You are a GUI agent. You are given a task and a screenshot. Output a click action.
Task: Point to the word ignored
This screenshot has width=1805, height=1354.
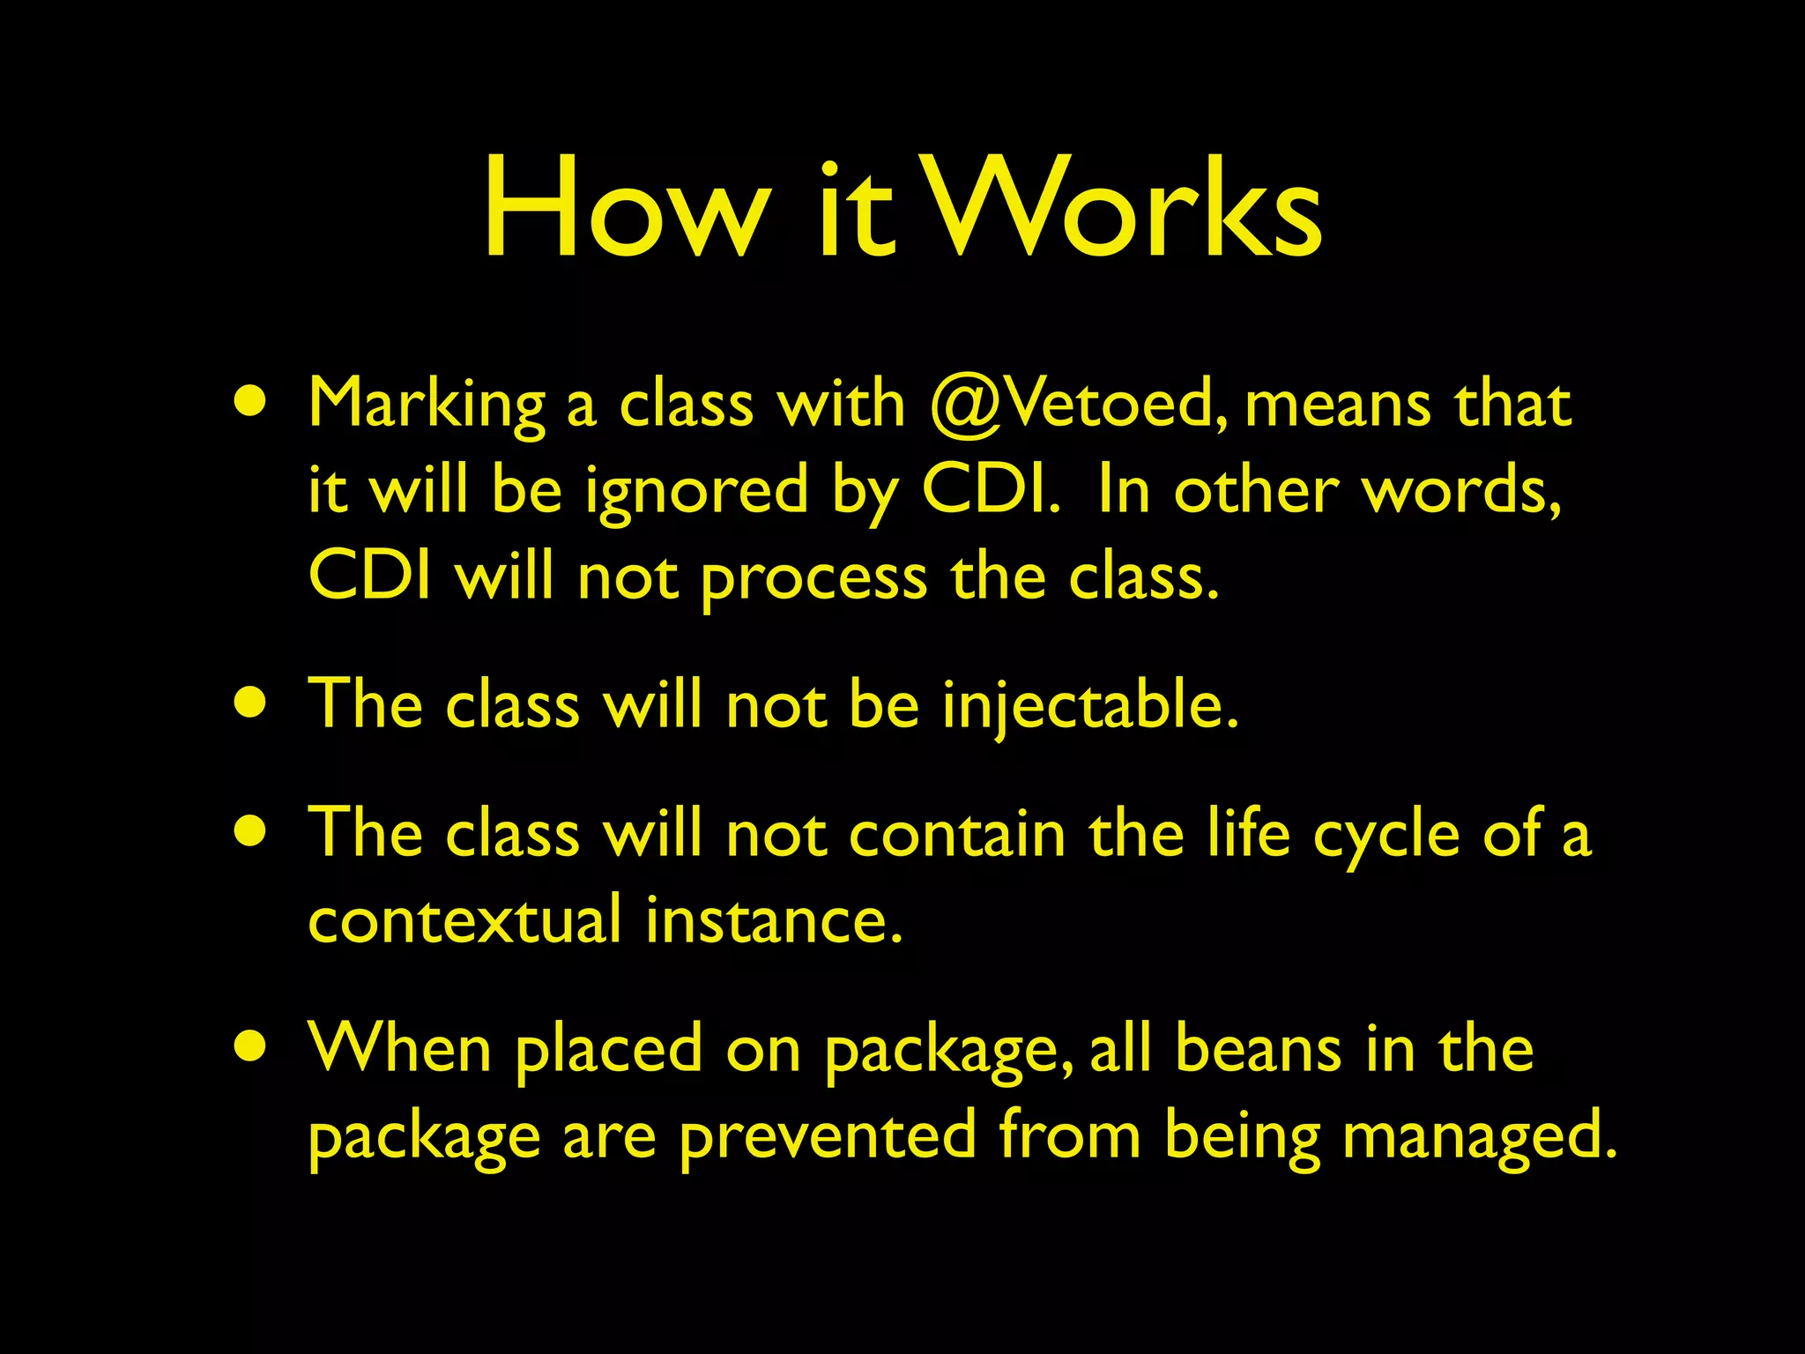coord(696,492)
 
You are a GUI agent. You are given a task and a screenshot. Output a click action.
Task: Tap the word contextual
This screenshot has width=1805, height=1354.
coord(465,920)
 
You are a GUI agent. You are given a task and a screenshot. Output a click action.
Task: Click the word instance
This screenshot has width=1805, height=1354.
coord(774,920)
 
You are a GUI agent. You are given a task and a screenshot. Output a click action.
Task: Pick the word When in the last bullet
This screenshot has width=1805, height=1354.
coord(399,1049)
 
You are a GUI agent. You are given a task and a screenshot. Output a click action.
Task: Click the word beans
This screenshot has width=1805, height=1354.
coord(1259,1049)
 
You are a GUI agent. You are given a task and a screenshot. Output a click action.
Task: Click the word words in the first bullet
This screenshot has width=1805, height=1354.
coord(1462,492)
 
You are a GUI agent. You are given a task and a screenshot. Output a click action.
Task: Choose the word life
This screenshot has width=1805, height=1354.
coord(1249,834)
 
